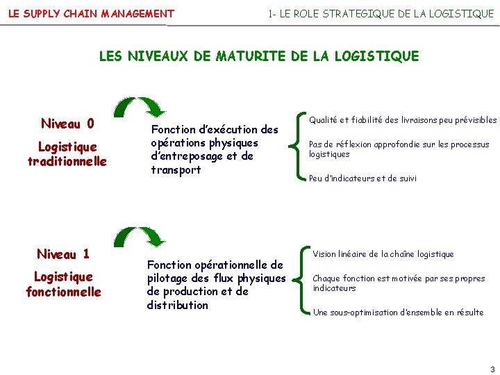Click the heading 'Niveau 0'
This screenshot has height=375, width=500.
tap(67, 124)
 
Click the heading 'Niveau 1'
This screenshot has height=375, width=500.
tap(63, 254)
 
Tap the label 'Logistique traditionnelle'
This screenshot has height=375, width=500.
tap(67, 154)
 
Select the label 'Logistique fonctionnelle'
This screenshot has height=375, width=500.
tap(63, 284)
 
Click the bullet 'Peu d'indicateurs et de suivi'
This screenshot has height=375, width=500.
tap(362, 178)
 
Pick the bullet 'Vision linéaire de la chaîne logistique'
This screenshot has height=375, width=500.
tap(383, 254)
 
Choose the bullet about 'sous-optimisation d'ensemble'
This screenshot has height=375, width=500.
tap(398, 312)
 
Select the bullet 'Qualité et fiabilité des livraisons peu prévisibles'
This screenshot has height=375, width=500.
tap(403, 120)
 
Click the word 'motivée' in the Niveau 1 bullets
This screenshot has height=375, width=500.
tap(400, 278)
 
